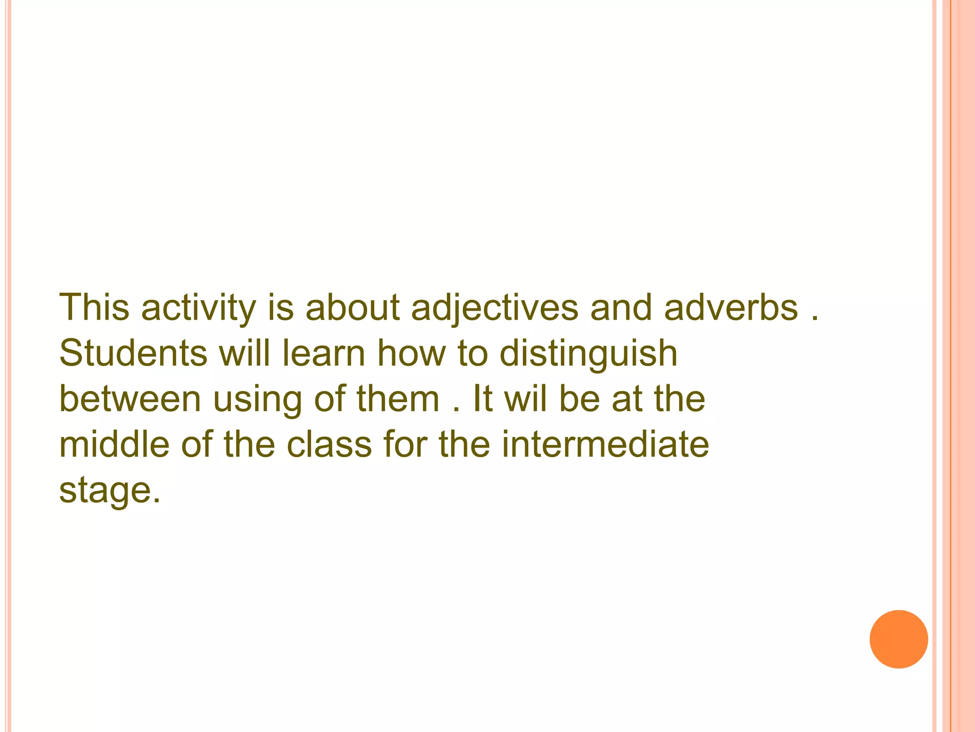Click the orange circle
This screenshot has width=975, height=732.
click(x=898, y=639)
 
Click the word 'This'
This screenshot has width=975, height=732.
click(x=94, y=307)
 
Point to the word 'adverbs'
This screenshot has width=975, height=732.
click(x=731, y=307)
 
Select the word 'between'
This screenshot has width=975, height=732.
click(x=130, y=399)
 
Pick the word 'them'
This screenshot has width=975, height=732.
click(x=398, y=399)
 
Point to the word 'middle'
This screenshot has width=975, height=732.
click(x=114, y=444)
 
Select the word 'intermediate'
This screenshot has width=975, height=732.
click(x=605, y=444)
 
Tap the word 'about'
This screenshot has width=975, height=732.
click(x=352, y=307)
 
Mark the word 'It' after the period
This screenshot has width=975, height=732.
click(x=482, y=399)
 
